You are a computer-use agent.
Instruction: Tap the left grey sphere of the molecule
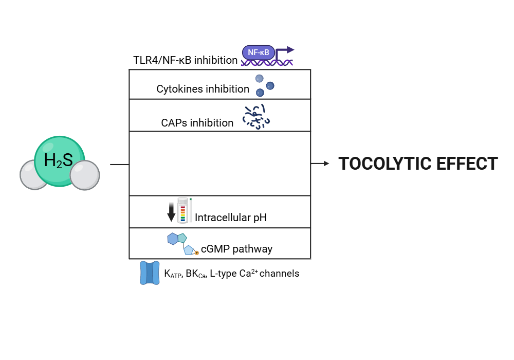(x=34, y=175)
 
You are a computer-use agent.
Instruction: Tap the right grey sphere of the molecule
(x=85, y=175)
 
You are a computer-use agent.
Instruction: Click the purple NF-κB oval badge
(x=259, y=52)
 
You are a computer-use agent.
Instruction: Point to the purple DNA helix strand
(x=267, y=63)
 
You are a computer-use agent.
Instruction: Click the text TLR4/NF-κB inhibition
(x=185, y=60)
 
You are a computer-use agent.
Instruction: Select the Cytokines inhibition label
(x=203, y=89)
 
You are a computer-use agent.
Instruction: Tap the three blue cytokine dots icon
(x=264, y=85)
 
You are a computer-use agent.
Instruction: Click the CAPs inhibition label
(x=197, y=123)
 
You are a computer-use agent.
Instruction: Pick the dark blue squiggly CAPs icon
(x=256, y=117)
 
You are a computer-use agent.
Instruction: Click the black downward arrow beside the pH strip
(x=171, y=212)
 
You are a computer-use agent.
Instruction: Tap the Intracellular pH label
(x=230, y=218)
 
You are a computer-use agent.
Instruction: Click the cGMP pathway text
(x=236, y=249)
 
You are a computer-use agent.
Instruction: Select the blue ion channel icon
(x=150, y=273)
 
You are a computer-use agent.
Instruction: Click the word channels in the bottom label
(x=279, y=274)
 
